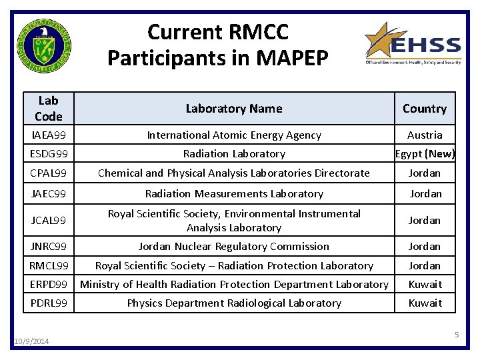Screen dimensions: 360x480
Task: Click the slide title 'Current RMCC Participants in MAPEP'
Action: [217, 45]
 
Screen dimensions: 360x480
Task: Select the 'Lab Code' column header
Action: [48, 109]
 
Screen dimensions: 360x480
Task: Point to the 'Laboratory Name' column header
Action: [234, 109]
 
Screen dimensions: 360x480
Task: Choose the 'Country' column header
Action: [425, 109]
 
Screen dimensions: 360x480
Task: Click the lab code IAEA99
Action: [48, 135]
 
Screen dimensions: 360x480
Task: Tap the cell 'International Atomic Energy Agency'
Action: [234, 135]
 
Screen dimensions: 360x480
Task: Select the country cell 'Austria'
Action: [425, 135]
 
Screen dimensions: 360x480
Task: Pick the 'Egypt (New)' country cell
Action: [425, 153]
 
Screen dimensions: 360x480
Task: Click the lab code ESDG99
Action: [49, 153]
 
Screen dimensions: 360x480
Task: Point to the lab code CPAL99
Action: [48, 173]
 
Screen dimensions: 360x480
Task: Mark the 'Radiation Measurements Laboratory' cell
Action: [234, 193]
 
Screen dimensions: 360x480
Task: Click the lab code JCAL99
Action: [49, 220]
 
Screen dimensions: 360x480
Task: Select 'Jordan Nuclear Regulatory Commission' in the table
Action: [234, 246]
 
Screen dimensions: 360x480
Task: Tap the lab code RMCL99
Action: [49, 265]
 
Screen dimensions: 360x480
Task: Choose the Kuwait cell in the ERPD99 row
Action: [425, 284]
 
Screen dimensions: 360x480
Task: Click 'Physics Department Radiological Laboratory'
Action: [234, 303]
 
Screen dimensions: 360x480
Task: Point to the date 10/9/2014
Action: [31, 341]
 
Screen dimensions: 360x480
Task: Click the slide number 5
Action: [457, 335]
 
